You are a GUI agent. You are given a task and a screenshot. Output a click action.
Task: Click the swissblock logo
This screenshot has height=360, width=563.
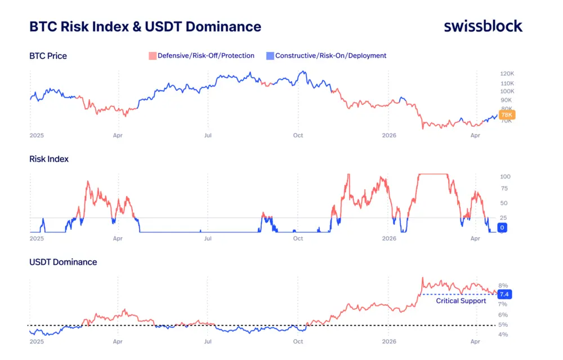483,26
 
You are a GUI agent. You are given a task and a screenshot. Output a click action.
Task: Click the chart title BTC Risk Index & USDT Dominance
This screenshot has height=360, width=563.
145,26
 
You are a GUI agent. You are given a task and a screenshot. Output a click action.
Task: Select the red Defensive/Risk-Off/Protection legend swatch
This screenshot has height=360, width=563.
152,56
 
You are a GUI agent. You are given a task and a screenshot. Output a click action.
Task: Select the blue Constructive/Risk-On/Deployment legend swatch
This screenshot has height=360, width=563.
270,56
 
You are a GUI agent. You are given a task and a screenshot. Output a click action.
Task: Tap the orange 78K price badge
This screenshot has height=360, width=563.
507,115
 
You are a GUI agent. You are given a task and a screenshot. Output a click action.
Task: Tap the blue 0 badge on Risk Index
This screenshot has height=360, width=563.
503,228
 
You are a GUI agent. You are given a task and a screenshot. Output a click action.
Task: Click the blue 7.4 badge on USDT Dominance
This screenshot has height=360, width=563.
504,294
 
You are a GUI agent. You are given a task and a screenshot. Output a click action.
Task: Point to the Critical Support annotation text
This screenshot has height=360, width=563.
461,301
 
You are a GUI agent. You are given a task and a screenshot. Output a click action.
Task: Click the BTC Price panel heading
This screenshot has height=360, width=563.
48,56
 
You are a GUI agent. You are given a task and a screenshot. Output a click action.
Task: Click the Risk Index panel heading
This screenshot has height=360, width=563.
49,159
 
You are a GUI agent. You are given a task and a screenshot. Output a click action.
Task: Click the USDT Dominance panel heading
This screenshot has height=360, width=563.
63,262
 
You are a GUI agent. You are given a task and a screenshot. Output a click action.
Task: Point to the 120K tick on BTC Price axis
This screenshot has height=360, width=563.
507,74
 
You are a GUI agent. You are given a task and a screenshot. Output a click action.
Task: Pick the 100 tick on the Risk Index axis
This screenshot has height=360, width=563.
505,176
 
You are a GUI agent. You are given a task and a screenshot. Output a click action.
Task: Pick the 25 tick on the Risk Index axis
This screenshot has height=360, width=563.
503,217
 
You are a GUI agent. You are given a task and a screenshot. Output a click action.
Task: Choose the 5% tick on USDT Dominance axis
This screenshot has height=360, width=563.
503,325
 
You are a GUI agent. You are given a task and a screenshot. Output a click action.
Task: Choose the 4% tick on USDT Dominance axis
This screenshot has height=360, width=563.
503,335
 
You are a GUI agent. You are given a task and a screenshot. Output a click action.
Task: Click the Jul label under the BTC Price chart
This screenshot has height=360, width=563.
208,135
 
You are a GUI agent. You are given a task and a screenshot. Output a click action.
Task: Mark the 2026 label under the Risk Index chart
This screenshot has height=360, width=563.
389,238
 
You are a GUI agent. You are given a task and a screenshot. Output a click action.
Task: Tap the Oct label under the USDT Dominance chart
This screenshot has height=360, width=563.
298,341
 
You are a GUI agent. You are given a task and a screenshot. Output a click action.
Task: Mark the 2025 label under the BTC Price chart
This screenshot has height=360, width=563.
37,135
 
